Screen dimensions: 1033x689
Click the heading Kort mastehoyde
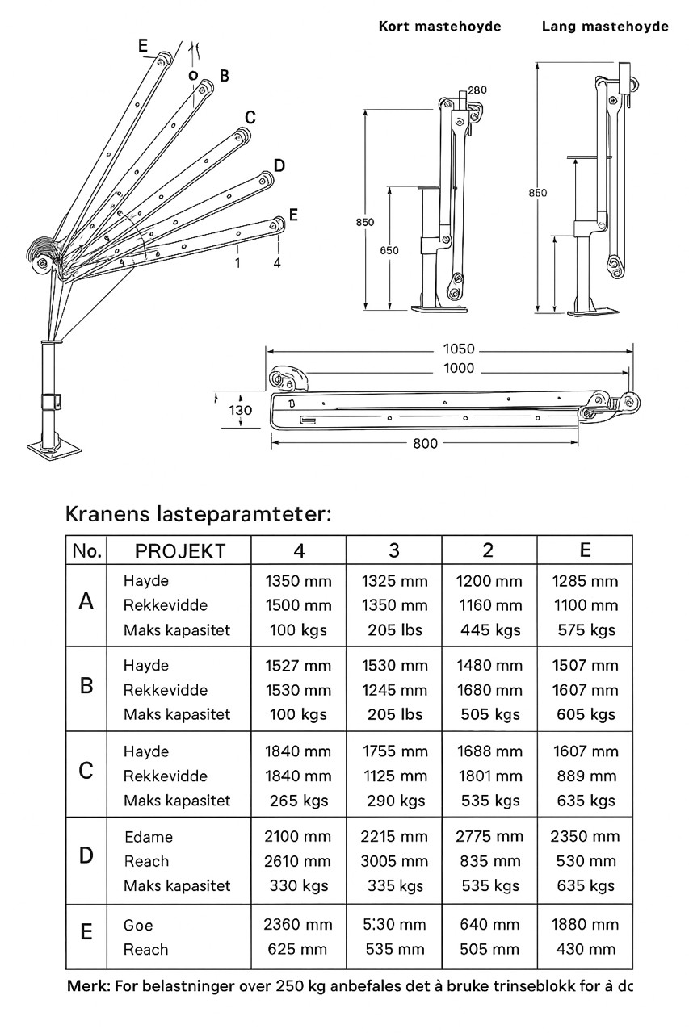pyautogui.click(x=439, y=27)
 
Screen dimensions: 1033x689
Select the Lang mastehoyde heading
pyautogui.click(x=604, y=27)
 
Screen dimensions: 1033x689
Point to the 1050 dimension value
pyautogui.click(x=458, y=350)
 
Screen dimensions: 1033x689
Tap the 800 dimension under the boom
pyautogui.click(x=424, y=443)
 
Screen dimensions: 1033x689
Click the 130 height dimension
pyautogui.click(x=240, y=410)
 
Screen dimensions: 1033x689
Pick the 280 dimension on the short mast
pyautogui.click(x=477, y=90)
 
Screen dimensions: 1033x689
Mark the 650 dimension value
pyautogui.click(x=389, y=250)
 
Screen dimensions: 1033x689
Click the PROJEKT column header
pyautogui.click(x=180, y=551)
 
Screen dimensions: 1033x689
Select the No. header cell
pyautogui.click(x=86, y=551)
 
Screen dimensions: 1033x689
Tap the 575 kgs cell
pyautogui.click(x=586, y=630)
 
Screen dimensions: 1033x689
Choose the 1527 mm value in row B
pyautogui.click(x=298, y=666)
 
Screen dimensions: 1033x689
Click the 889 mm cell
pyautogui.click(x=586, y=776)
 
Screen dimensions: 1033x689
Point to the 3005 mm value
pyautogui.click(x=394, y=861)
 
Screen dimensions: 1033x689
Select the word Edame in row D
pyautogui.click(x=149, y=837)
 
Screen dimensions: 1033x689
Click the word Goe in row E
pyautogui.click(x=138, y=926)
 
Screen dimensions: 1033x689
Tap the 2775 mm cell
pyautogui.click(x=489, y=837)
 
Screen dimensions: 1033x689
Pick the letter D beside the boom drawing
pyautogui.click(x=279, y=166)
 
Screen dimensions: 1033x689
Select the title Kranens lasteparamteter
pyautogui.click(x=198, y=514)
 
